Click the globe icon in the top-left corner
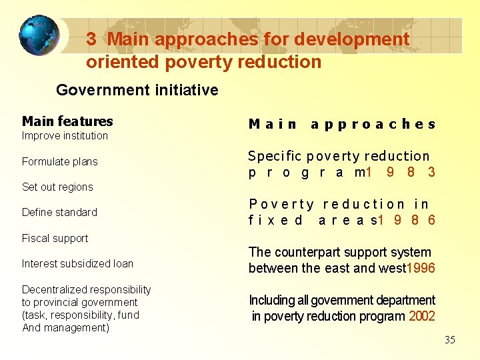click(x=39, y=35)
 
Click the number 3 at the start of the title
click(x=92, y=39)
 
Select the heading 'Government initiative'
click(x=137, y=90)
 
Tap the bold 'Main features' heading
click(x=67, y=121)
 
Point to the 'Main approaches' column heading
click(x=342, y=124)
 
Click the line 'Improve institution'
click(x=65, y=136)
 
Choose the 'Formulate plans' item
click(x=59, y=161)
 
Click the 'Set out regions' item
click(x=57, y=187)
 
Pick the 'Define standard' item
click(x=59, y=212)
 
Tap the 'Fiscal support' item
click(x=55, y=238)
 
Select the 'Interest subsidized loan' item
click(x=77, y=263)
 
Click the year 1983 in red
click(x=401, y=173)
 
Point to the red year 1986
click(x=407, y=220)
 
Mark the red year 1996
click(x=420, y=269)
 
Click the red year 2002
click(x=422, y=317)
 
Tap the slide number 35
click(x=450, y=340)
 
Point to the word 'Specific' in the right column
click(x=270, y=157)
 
